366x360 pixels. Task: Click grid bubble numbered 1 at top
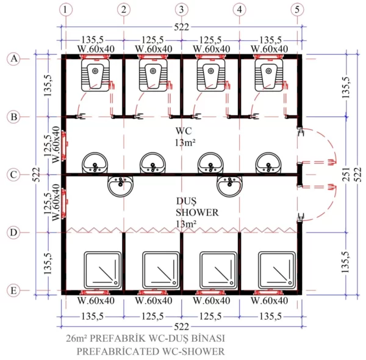pyautogui.click(x=66, y=10)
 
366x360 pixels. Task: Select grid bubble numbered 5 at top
pyautogui.click(x=297, y=10)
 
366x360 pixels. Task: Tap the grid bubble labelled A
pyautogui.click(x=13, y=59)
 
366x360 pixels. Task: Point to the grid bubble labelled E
pyautogui.click(x=13, y=290)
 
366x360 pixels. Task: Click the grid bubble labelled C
pyautogui.click(x=13, y=175)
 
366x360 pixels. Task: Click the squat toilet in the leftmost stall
pyautogui.click(x=93, y=76)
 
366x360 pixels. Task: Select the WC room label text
pyautogui.click(x=184, y=132)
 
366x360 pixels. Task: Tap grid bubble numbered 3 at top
pyautogui.click(x=181, y=10)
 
